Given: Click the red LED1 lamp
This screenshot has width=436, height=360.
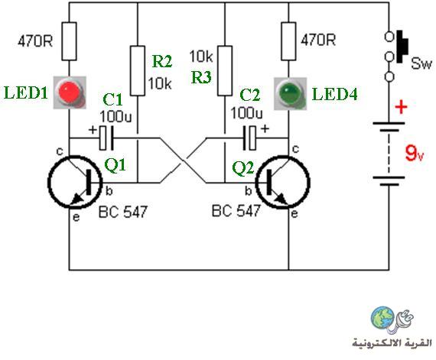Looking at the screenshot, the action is pyautogui.click(x=70, y=92).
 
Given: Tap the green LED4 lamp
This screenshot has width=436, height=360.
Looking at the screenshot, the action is pyautogui.click(x=291, y=93).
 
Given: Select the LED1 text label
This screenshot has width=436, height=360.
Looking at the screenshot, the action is pyautogui.click(x=25, y=92).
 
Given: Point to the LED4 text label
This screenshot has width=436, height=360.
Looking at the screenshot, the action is pyautogui.click(x=335, y=94).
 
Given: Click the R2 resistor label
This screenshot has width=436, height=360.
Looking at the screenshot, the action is pyautogui.click(x=162, y=61).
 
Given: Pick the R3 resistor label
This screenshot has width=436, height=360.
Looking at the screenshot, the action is pyautogui.click(x=201, y=77).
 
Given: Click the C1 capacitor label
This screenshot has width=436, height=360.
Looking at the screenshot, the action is pyautogui.click(x=112, y=99).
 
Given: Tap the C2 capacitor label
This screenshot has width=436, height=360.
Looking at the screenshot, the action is pyautogui.click(x=249, y=95).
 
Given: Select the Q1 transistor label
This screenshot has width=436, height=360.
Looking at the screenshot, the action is pyautogui.click(x=115, y=165).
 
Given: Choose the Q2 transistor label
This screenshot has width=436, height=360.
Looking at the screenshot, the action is pyautogui.click(x=243, y=168).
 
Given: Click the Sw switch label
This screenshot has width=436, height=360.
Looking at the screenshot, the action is pyautogui.click(x=421, y=63).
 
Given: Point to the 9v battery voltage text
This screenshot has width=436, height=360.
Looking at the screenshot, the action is pyautogui.click(x=414, y=154).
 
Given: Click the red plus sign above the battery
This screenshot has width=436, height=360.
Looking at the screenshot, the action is pyautogui.click(x=401, y=107).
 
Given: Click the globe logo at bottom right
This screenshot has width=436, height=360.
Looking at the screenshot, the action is pyautogui.click(x=383, y=317).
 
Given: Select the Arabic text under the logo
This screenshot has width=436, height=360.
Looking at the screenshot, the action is pyautogui.click(x=392, y=342).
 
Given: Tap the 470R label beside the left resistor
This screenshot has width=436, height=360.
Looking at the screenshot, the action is pyautogui.click(x=35, y=41).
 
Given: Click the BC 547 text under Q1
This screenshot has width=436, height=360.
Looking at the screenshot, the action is pyautogui.click(x=123, y=212).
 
